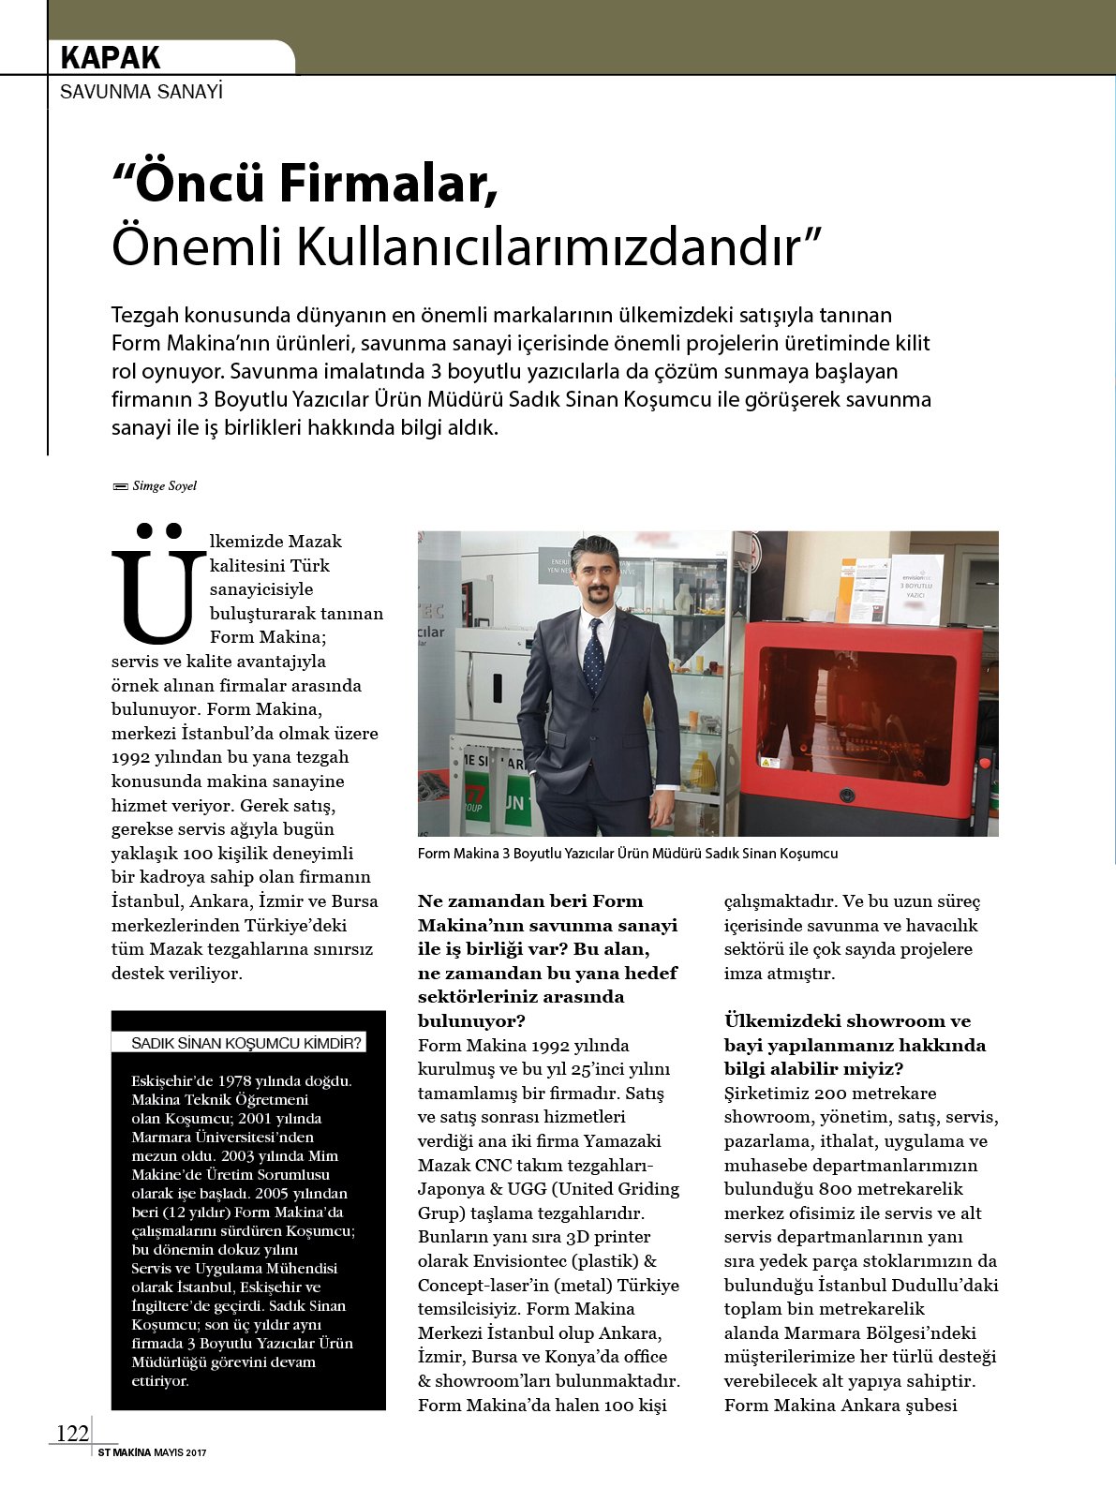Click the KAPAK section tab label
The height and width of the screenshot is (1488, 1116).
(111, 58)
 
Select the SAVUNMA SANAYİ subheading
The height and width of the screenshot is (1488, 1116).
(141, 92)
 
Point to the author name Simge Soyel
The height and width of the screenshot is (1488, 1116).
(164, 486)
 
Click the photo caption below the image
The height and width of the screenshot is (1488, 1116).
(628, 854)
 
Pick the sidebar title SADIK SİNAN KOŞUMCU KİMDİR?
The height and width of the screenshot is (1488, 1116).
(246, 1043)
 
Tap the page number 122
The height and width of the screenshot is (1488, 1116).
(72, 1434)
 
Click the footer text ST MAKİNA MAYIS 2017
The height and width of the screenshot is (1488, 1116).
(152, 1453)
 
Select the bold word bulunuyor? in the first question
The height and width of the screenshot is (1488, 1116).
(471, 1020)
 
